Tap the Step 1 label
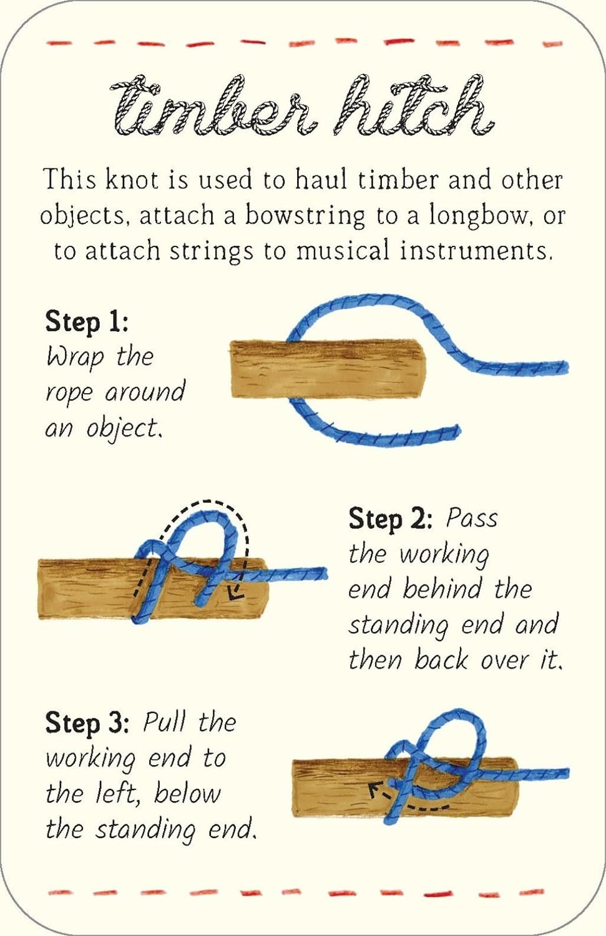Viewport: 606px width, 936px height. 86,322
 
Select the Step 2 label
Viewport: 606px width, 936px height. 390,519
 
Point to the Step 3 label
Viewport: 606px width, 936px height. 87,723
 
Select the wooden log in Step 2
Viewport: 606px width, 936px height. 81,590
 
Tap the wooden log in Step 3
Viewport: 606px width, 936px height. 331,789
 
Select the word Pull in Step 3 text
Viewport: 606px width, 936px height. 164,723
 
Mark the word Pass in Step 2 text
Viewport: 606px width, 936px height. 472,518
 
